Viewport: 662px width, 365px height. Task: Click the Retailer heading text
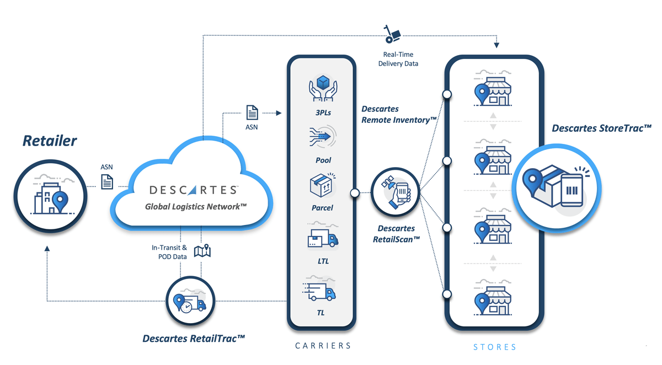50,141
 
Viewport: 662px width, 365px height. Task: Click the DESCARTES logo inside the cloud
194,190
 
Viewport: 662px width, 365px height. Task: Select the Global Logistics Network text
196,207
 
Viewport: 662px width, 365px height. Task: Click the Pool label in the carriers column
323,160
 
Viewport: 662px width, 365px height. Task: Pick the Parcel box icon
323,186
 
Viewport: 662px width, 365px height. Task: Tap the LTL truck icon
323,239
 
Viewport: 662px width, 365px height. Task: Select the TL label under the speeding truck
321,313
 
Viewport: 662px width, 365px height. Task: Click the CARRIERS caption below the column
323,346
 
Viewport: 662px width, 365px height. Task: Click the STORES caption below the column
495,347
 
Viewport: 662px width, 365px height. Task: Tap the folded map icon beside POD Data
202,251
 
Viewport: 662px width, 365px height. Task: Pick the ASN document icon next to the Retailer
106,181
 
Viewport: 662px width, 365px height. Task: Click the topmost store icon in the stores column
493,89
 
